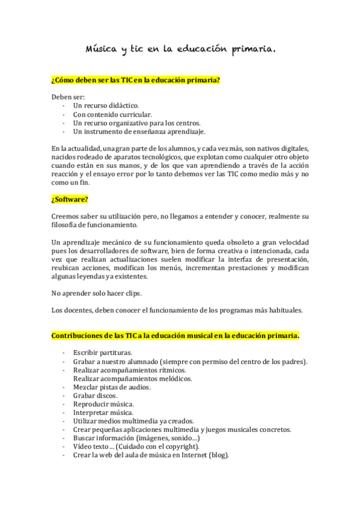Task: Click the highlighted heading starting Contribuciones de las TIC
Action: (x=175, y=335)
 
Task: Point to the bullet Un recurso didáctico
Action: (x=106, y=105)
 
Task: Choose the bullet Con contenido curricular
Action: (x=112, y=114)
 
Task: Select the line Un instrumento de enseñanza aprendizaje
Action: (x=139, y=131)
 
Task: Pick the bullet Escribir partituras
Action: (x=102, y=352)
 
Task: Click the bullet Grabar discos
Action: (x=95, y=396)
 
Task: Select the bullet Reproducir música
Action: (x=103, y=404)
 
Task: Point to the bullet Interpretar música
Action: (x=103, y=413)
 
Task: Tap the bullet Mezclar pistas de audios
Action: (x=112, y=387)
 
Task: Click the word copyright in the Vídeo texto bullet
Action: (x=179, y=447)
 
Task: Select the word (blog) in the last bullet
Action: (x=218, y=455)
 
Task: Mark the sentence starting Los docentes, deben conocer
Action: (x=177, y=310)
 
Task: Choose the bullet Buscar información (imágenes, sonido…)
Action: (x=136, y=438)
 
